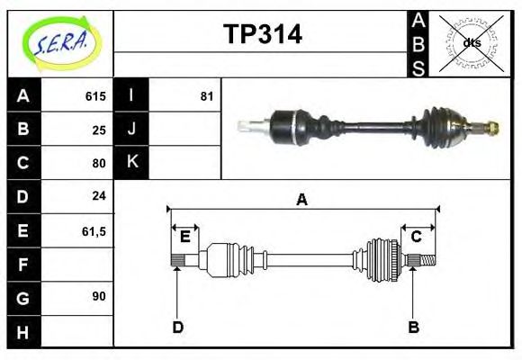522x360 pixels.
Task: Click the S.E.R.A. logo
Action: tap(59, 43)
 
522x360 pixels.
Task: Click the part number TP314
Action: tap(262, 34)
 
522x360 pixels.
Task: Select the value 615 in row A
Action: tap(95, 96)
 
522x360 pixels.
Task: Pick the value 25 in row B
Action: tap(99, 130)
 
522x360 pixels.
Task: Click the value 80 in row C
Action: tap(99, 163)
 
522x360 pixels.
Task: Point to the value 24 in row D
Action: tap(99, 195)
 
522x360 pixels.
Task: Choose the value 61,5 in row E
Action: tap(94, 231)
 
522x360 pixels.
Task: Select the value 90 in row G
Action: tap(99, 296)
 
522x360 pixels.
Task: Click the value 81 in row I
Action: tap(206, 96)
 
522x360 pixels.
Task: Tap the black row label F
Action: tap(23, 265)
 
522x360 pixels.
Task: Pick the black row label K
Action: tap(132, 162)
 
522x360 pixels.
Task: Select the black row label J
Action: tap(132, 129)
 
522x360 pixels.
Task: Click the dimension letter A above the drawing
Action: tap(302, 200)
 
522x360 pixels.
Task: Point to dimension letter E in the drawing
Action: tap(184, 237)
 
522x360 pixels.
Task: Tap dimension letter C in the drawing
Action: tap(417, 237)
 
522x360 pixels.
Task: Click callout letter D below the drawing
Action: tap(177, 328)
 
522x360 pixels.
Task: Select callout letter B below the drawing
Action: tap(413, 328)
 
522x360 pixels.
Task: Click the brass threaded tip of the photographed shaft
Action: tap(491, 127)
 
